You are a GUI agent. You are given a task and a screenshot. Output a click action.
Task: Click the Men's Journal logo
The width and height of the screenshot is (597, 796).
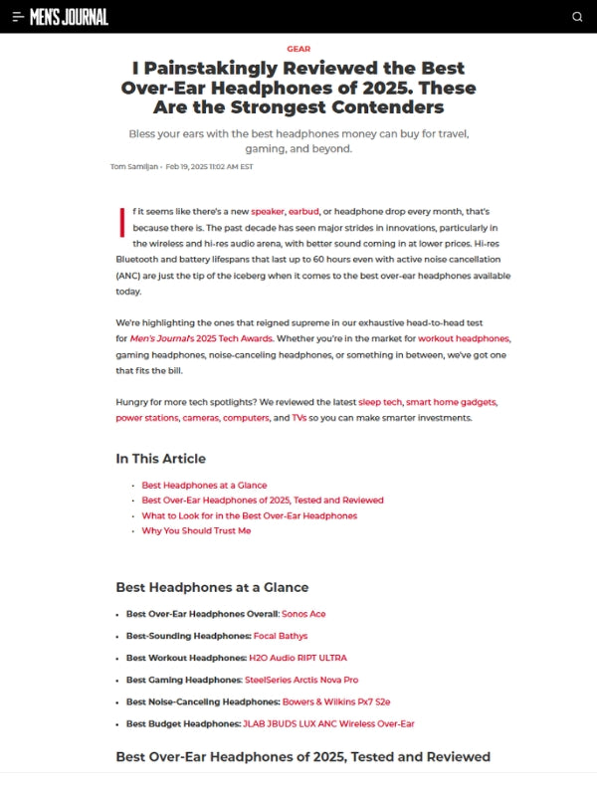click(69, 16)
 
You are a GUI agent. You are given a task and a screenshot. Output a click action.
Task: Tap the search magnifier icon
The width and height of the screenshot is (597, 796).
click(577, 17)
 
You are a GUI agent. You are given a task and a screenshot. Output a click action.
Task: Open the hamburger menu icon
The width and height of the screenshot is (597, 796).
click(18, 17)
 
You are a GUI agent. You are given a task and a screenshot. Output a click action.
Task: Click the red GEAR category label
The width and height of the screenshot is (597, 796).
click(298, 48)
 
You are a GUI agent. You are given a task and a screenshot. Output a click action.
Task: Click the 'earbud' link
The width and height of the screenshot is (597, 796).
click(303, 212)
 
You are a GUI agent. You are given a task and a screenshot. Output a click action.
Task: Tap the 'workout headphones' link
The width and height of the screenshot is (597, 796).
click(463, 339)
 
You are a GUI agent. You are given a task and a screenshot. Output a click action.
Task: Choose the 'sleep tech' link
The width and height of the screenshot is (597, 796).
click(380, 402)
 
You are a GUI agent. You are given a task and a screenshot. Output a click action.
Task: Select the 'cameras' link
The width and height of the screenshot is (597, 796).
click(200, 418)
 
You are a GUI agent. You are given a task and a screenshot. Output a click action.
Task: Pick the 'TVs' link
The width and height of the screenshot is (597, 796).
click(298, 418)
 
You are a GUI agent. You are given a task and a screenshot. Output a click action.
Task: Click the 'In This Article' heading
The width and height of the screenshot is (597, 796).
click(160, 459)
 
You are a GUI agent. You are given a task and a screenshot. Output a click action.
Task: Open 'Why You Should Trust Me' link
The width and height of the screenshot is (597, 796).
click(196, 530)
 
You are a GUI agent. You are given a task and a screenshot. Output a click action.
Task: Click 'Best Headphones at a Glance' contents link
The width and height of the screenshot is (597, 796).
click(204, 486)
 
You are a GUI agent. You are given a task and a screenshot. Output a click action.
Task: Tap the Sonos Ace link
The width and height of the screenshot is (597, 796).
click(302, 614)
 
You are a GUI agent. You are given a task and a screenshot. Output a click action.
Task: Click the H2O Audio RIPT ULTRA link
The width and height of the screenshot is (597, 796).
click(298, 658)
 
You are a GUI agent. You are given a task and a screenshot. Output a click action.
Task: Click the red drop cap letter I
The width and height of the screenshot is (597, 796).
click(121, 222)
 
